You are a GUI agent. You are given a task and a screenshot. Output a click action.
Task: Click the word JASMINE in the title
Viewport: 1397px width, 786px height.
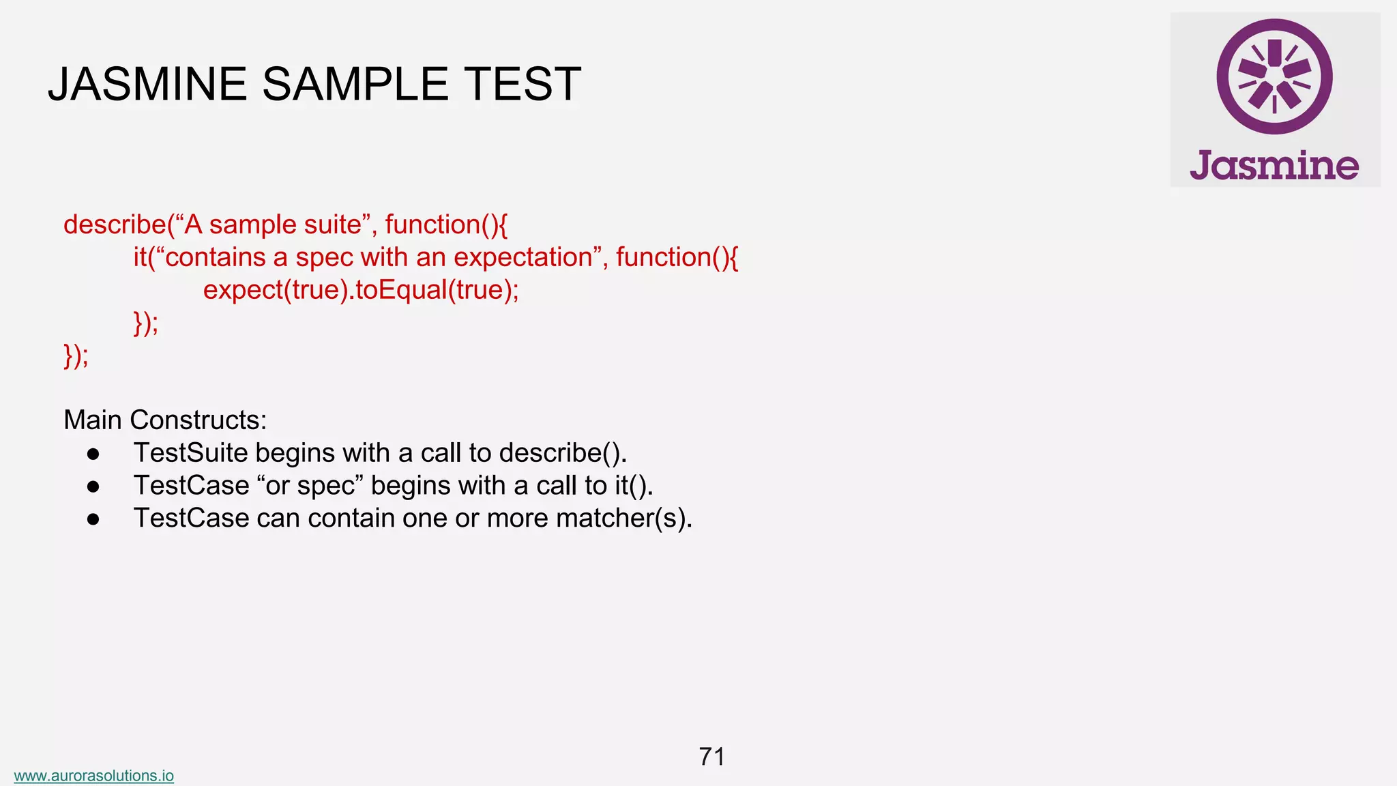click(x=147, y=85)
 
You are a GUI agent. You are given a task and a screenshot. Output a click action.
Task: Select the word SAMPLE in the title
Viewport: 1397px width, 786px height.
click(x=355, y=85)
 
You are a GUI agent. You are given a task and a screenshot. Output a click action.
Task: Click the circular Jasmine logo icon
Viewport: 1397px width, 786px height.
click(x=1274, y=76)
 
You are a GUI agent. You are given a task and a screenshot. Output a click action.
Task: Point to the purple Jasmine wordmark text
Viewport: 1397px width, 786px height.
click(x=1274, y=166)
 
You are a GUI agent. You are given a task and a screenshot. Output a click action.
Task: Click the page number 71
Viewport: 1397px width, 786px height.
click(x=711, y=757)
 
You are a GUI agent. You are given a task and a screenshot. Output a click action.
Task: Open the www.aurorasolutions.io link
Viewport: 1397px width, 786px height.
click(x=93, y=776)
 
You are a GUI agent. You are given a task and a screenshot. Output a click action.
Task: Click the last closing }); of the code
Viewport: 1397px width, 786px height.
click(x=76, y=355)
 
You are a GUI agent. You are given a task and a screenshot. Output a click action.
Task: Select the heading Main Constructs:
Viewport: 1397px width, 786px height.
click(x=165, y=420)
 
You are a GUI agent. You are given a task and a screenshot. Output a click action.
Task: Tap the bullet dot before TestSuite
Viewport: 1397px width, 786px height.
click(x=93, y=454)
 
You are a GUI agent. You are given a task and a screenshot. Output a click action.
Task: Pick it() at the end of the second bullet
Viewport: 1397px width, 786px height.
click(x=633, y=486)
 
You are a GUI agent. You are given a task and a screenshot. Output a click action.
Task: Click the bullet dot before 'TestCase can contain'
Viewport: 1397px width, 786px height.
click(x=93, y=519)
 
